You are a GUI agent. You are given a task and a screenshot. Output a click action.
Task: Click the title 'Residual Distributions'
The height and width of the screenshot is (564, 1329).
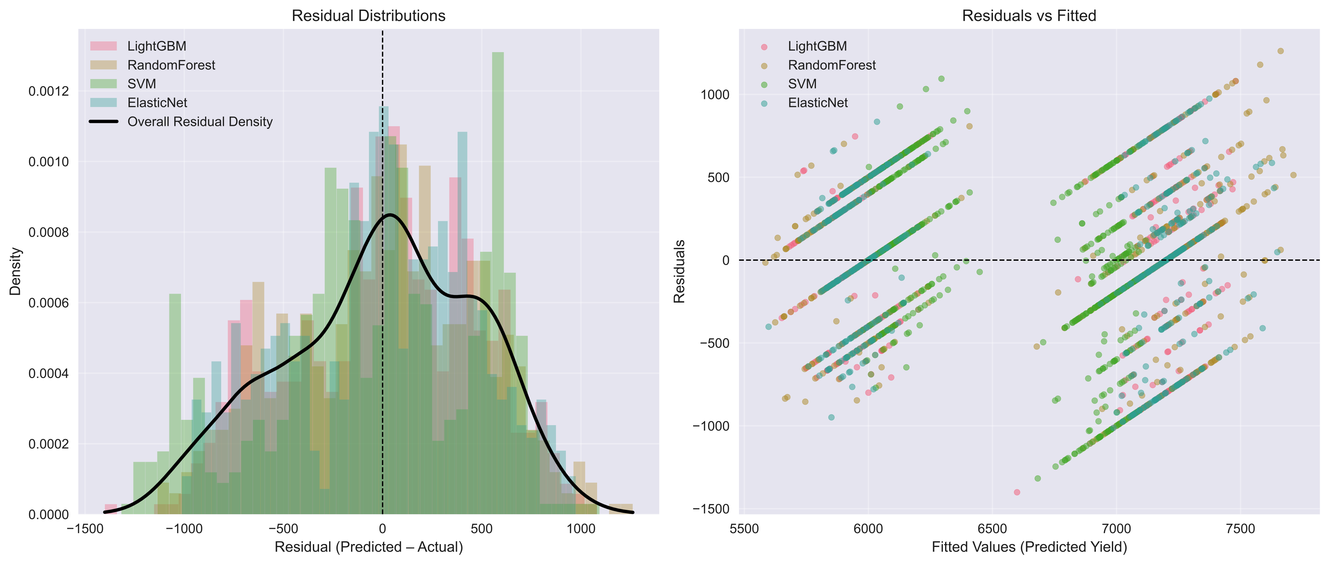pyautogui.click(x=368, y=16)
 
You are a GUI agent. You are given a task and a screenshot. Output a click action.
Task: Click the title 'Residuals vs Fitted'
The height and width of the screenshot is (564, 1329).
pyautogui.click(x=1029, y=16)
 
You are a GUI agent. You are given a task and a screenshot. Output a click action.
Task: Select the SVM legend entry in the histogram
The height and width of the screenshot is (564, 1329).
pyautogui.click(x=141, y=84)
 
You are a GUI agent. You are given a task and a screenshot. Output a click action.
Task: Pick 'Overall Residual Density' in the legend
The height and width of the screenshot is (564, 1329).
pyautogui.click(x=200, y=122)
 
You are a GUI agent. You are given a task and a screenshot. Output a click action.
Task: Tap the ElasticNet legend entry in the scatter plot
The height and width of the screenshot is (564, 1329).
pyautogui.click(x=817, y=103)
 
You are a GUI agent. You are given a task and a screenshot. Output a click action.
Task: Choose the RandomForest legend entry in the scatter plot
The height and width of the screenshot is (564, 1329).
pyautogui.click(x=831, y=65)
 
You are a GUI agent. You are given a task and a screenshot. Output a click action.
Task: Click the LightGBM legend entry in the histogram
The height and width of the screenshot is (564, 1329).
pyautogui.click(x=156, y=46)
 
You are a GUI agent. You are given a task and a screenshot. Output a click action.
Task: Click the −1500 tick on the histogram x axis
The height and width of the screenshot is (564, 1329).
pyautogui.click(x=84, y=529)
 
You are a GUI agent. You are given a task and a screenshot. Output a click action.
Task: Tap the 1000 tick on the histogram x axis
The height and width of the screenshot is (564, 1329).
pyautogui.click(x=581, y=529)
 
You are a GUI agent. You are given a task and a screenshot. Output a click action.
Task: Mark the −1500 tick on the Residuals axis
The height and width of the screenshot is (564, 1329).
pyautogui.click(x=711, y=509)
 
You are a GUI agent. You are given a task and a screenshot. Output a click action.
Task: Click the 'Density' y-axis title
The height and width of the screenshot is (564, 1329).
pyautogui.click(x=16, y=271)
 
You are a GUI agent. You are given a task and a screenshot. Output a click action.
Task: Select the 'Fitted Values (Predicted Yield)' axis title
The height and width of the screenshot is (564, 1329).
pyautogui.click(x=1029, y=547)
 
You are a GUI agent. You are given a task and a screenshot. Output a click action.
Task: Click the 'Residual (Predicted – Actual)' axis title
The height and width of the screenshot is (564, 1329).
pyautogui.click(x=368, y=547)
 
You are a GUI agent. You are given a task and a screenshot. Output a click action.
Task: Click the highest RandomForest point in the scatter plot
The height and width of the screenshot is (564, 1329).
pyautogui.click(x=1280, y=51)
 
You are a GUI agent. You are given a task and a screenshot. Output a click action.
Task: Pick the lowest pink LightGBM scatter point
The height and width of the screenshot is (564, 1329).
pyautogui.click(x=1017, y=492)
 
